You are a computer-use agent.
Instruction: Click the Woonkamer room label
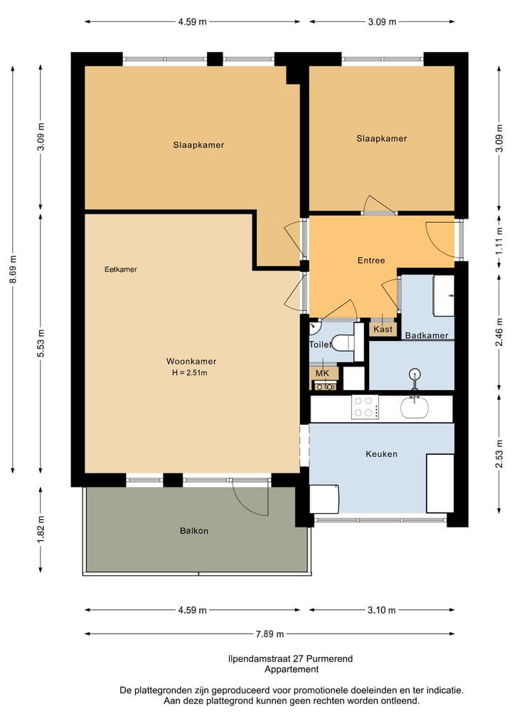point(191,361)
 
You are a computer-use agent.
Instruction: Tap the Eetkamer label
point(120,269)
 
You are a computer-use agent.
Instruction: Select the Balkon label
point(193,530)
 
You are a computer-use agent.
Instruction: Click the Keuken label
point(381,454)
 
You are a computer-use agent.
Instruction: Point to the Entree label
point(371,261)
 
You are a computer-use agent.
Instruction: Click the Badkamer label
point(427,335)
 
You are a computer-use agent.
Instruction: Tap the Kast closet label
point(383,329)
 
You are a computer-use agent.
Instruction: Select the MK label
point(322,373)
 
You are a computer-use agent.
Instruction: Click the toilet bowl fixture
point(343,342)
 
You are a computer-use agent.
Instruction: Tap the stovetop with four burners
point(366,406)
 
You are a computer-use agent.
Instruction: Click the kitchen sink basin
point(414,407)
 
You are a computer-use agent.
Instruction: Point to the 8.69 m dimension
point(13,270)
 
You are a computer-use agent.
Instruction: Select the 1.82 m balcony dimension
point(41,530)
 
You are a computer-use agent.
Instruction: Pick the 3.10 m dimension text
point(381,610)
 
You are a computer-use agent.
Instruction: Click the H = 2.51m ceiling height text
point(190,372)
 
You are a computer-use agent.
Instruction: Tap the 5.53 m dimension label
point(41,343)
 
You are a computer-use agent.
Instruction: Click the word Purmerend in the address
point(332,659)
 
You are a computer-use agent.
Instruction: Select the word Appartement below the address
point(292,669)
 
